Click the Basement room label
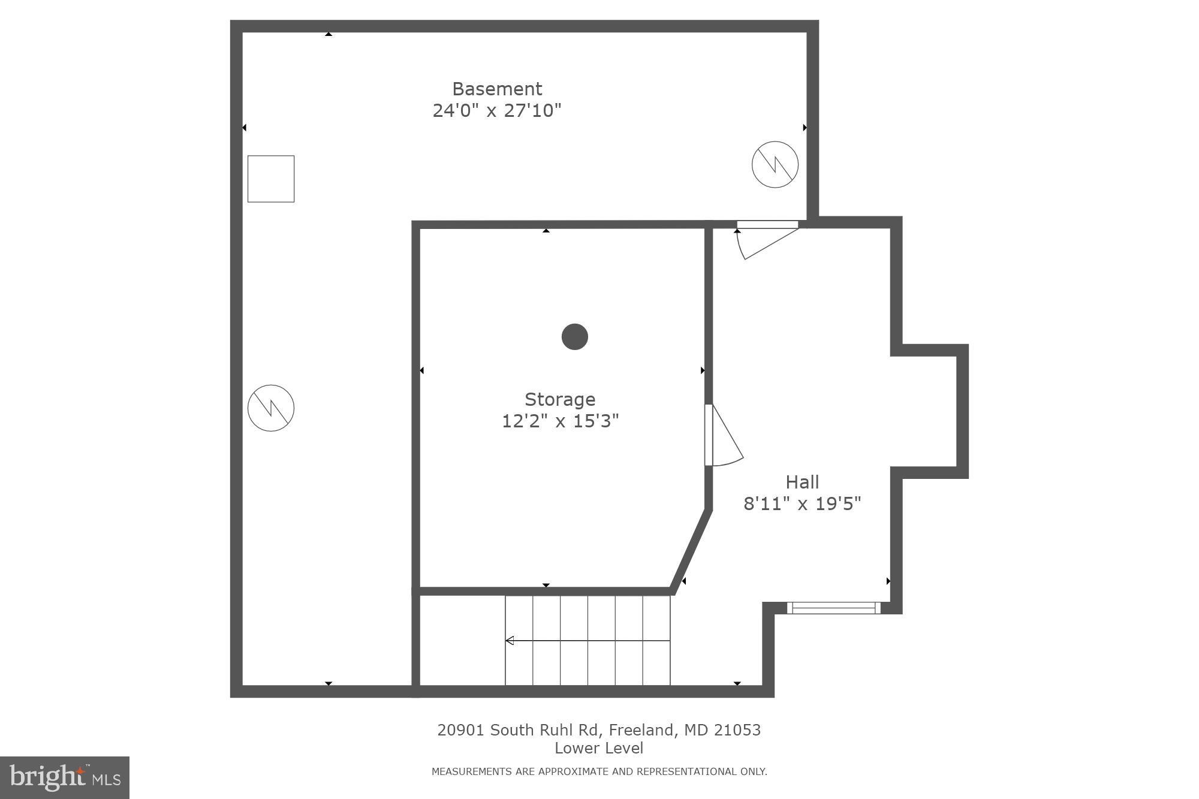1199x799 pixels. [497, 89]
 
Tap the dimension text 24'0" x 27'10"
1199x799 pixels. [497, 111]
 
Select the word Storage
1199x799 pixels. [560, 399]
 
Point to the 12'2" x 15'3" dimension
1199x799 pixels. [560, 421]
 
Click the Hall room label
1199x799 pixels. [802, 482]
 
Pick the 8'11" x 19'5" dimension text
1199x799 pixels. [802, 503]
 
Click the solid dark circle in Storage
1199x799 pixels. [574, 336]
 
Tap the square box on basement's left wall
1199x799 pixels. [271, 179]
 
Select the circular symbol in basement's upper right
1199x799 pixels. [775, 164]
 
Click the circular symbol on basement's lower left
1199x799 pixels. [271, 408]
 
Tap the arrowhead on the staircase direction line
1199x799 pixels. [510, 641]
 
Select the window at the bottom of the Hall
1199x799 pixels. [833, 608]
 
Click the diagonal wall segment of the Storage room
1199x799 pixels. [691, 551]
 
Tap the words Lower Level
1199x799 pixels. [598, 748]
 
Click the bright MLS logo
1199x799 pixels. [65, 777]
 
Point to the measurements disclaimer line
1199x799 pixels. [599, 771]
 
